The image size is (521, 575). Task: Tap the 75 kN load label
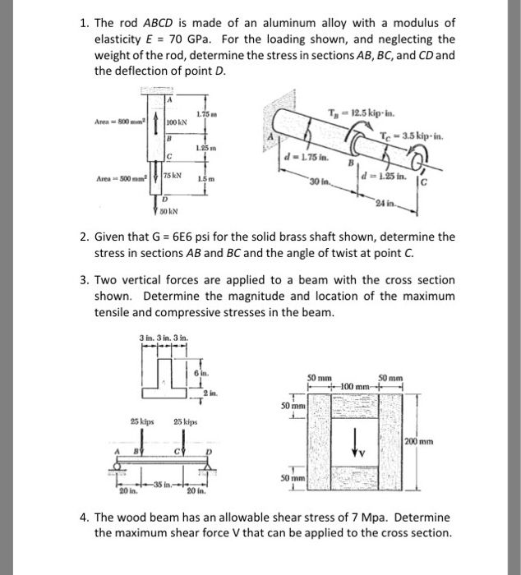coord(172,177)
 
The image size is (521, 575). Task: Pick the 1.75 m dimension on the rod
coord(206,112)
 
